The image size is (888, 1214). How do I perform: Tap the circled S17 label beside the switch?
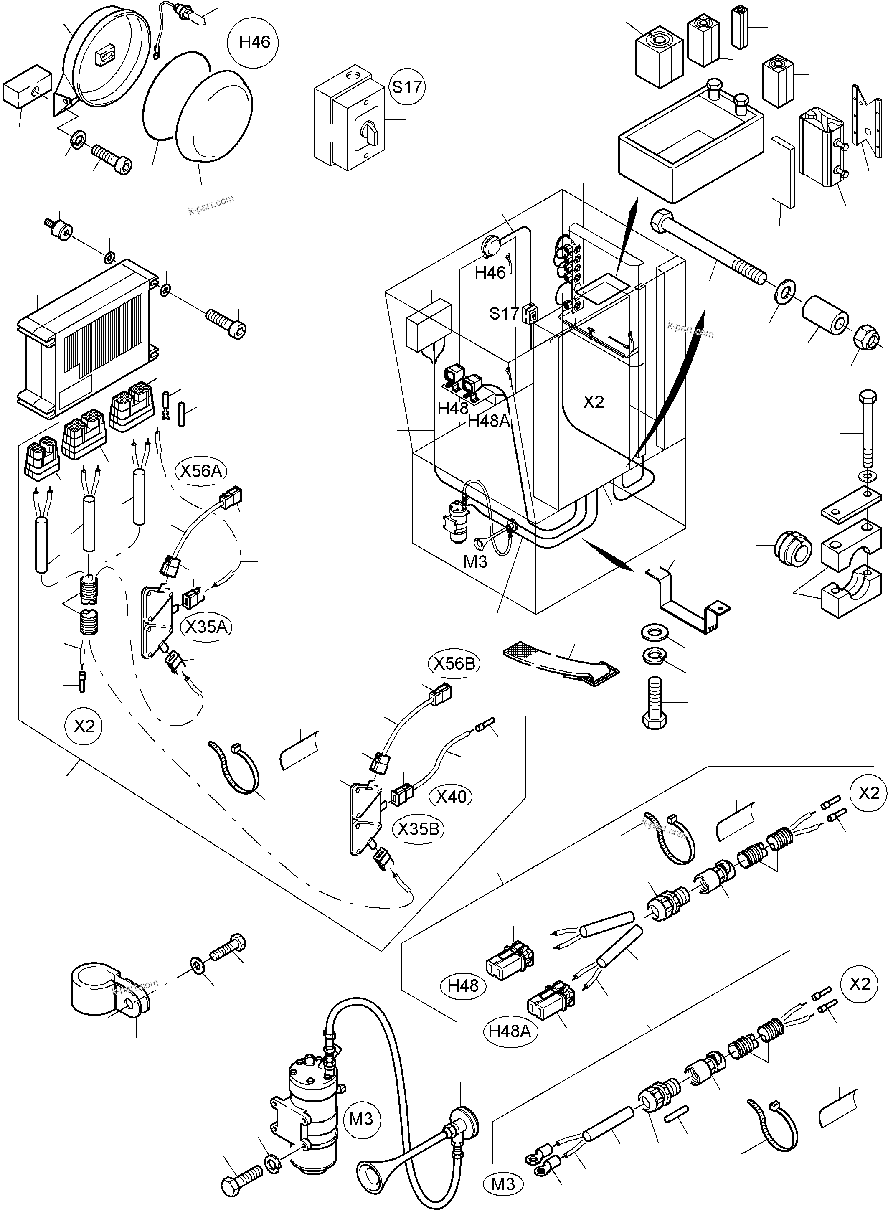pyautogui.click(x=406, y=86)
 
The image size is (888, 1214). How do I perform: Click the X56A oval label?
pyautogui.click(x=201, y=471)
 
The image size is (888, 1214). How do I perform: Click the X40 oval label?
pyautogui.click(x=451, y=796)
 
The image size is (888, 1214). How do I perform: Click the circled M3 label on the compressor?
pyautogui.click(x=361, y=1119)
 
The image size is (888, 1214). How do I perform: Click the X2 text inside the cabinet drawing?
pyautogui.click(x=594, y=402)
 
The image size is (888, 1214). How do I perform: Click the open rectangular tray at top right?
pyautogui.click(x=691, y=137)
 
